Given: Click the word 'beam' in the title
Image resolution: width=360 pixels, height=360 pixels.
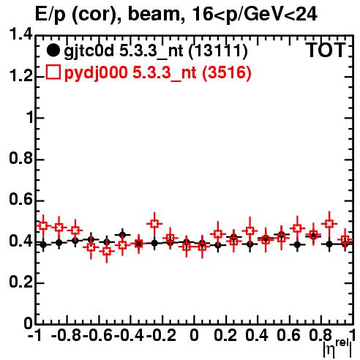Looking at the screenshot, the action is tap(154, 14).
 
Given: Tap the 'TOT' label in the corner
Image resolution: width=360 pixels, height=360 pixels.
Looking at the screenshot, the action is tap(326, 50).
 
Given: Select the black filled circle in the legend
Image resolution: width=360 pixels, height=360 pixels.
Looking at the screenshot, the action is tap(53, 50).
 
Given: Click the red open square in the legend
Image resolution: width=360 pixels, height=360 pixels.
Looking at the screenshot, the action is tap(53, 72).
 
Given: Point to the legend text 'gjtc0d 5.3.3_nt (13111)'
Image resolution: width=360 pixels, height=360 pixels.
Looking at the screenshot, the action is tap(156, 51).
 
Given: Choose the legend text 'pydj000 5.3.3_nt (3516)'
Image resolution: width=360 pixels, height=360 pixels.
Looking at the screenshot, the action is tap(158, 72).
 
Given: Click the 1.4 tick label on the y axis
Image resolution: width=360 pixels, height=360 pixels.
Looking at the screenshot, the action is tap(20, 34).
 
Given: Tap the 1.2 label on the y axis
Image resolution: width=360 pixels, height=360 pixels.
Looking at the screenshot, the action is tap(20, 75).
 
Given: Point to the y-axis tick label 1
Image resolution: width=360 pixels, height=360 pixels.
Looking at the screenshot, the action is tap(30, 118).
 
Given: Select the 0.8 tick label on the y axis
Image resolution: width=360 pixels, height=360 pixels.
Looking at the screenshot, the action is tap(20, 159).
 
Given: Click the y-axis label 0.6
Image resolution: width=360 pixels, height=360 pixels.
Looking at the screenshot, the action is tap(20, 200).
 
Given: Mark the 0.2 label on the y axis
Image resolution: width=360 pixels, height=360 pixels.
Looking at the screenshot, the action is tap(20, 282).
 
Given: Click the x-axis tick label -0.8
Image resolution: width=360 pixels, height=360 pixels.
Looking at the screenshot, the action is tap(67, 335).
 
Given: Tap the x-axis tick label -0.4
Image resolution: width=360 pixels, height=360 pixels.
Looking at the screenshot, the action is tap(130, 335).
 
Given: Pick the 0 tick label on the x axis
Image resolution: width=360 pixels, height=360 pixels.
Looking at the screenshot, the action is tap(194, 335).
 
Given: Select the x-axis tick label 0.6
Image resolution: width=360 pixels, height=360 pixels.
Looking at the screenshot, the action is tap(288, 335).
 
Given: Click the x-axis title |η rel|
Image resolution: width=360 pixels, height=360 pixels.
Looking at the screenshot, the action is tap(337, 348).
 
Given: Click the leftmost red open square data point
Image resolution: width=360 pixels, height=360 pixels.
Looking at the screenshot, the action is tap(43, 225).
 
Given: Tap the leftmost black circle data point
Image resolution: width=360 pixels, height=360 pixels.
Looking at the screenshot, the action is tap(43, 244).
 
